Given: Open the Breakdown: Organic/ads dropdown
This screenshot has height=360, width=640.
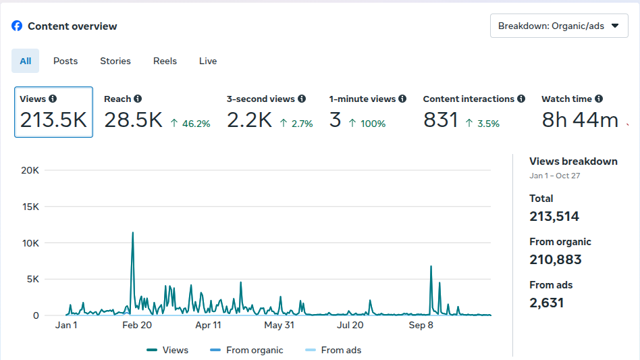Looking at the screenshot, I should pos(558,26).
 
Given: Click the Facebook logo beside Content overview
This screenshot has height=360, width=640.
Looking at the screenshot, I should pos(17,26).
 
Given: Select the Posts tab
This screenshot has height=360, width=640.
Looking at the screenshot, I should pos(65,61).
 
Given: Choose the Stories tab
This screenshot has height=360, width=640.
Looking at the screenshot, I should pos(115,61).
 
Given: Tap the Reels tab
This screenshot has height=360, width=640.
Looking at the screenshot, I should pos(165,61).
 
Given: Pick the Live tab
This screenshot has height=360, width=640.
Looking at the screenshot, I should pos(208,61).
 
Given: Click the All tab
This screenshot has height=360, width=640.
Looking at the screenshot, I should pos(26,61).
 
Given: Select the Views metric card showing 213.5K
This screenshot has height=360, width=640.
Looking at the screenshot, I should pos(53,112).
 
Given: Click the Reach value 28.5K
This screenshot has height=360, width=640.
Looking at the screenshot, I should pos(133,120).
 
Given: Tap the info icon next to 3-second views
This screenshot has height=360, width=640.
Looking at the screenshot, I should pos(302,99).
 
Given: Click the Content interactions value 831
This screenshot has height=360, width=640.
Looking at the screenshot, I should pos(441,120).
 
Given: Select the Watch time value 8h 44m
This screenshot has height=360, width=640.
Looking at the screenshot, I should pos(580,120).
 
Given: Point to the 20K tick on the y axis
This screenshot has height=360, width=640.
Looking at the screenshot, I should pos(30,170).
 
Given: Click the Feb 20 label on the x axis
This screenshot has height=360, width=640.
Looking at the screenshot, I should pos(136,325).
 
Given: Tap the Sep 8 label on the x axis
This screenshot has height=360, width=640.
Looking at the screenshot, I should pos(421,325).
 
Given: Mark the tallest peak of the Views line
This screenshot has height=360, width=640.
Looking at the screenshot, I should pos(132,233).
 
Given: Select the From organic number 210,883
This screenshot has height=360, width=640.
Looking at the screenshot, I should pos(556,259).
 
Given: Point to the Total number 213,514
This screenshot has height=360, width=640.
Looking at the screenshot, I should pos(554,216).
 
